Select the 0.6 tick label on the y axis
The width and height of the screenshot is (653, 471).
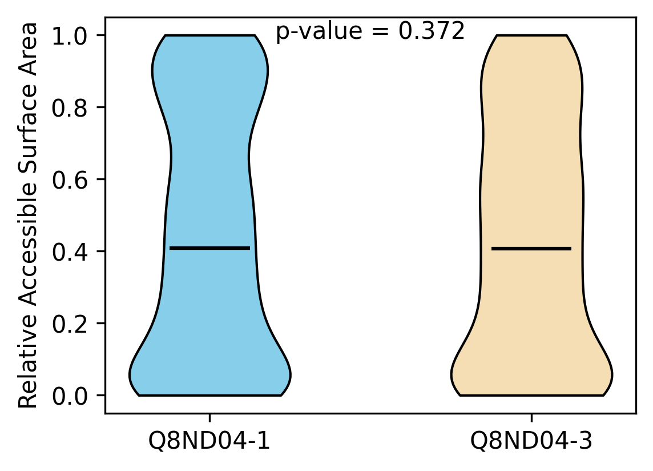70,180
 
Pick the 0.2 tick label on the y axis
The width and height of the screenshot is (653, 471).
70,324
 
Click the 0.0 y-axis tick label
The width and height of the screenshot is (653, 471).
70,396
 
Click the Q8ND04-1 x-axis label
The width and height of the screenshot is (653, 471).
209,441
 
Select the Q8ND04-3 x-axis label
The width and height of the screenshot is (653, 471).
531,441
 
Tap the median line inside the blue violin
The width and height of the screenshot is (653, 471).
209,248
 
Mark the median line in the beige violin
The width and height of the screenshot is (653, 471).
531,249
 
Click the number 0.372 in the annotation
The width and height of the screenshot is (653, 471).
432,31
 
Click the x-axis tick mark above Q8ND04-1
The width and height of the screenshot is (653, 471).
209,418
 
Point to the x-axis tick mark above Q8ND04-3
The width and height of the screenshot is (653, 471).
531,418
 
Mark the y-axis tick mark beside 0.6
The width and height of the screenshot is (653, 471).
101,179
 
